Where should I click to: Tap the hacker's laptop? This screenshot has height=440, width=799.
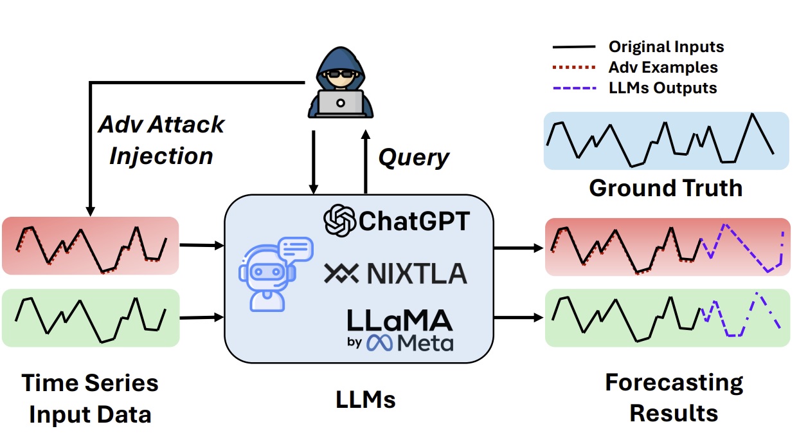tap(341, 103)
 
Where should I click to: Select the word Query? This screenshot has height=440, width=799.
tap(413, 157)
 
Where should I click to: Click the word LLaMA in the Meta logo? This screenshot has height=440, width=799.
tap(400, 320)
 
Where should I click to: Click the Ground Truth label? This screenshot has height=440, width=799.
tap(665, 188)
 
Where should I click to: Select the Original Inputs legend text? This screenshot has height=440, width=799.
tap(666, 46)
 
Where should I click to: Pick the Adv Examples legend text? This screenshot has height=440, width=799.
tap(663, 67)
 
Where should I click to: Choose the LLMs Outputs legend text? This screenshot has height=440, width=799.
tap(662, 87)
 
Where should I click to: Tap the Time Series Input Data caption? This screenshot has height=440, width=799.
tap(90, 398)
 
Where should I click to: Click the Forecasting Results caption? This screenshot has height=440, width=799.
tap(674, 398)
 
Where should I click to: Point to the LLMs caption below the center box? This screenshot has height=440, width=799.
tap(366, 400)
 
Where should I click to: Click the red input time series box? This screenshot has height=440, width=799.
tap(90, 246)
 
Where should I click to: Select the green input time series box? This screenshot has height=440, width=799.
tap(90, 318)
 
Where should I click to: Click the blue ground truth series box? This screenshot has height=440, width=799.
tap(666, 141)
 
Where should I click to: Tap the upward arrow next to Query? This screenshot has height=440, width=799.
tap(365, 160)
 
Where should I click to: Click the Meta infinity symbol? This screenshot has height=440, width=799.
tap(380, 344)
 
